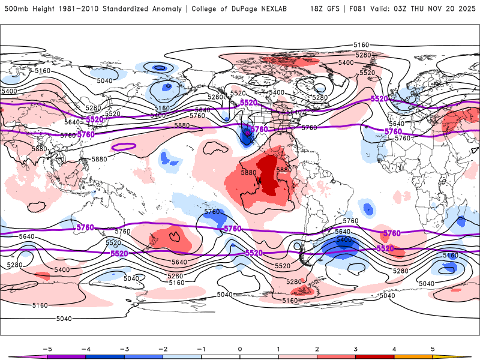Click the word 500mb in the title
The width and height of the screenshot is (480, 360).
14,9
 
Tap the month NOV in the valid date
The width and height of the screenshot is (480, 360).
436,9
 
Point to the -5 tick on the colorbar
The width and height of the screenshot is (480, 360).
47,348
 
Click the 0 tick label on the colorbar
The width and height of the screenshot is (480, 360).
240,348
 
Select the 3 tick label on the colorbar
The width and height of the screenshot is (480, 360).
355,348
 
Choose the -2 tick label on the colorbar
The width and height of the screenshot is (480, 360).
163,348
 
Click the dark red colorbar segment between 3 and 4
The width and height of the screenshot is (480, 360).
374,356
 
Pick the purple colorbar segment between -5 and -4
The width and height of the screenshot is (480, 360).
67,356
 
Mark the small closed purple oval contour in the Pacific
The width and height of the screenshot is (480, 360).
124,146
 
